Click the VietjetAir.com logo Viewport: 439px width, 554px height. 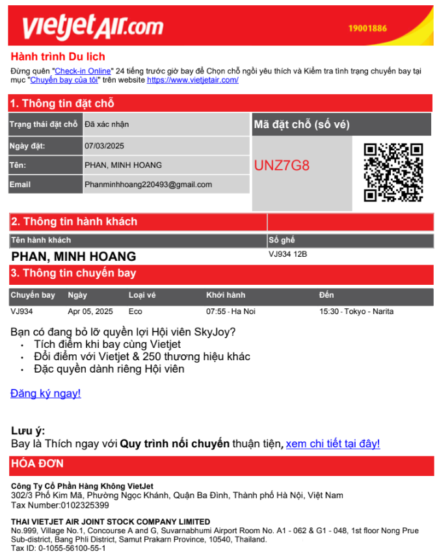[92, 26]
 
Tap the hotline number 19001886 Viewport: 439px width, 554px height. [367, 29]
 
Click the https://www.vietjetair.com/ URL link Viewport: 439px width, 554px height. [193, 80]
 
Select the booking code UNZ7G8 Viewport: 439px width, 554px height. [282, 165]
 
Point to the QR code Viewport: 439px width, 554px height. [393, 172]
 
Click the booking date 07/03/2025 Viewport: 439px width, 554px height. [104, 146]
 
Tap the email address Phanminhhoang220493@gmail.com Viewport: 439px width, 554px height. [148, 185]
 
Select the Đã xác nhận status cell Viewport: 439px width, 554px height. [107, 124]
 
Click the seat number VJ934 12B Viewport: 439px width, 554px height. [287, 254]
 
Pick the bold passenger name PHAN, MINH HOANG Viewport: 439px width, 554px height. [73, 257]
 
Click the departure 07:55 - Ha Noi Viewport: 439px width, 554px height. [230, 311]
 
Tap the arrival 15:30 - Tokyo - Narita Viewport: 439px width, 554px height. [356, 311]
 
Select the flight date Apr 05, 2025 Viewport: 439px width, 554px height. [90, 311]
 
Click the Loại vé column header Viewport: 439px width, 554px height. [142, 295]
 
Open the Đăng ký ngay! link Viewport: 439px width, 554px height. [46, 393]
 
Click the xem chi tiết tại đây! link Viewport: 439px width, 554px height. [332, 444]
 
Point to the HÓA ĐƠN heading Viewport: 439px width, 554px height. [36, 464]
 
